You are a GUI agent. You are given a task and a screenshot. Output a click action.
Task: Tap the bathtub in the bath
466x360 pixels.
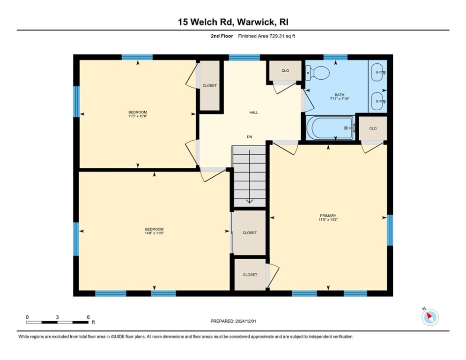[x=331, y=128]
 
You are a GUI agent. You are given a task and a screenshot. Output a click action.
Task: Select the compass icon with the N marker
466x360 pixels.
[x=429, y=317]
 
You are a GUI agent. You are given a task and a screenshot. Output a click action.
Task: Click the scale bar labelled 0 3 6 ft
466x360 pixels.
[x=57, y=322]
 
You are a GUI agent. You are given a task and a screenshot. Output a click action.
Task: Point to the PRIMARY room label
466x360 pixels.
[x=328, y=216]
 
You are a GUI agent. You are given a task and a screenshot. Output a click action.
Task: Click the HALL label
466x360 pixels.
[x=253, y=112]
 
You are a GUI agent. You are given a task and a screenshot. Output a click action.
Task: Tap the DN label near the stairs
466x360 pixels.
[x=250, y=137]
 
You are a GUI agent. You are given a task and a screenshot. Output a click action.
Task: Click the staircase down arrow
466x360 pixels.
[x=249, y=199]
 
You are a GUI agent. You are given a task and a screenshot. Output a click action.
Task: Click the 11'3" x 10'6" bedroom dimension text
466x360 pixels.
[x=138, y=116]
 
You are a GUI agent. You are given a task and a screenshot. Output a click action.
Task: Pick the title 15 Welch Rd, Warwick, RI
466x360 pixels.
[x=233, y=22]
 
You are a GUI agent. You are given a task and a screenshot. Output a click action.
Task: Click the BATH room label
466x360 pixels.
[x=340, y=94]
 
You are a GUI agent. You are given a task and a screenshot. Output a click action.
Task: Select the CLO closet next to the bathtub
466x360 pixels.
[x=373, y=128]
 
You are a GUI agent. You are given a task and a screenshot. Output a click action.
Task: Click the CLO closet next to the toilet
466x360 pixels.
[x=285, y=71]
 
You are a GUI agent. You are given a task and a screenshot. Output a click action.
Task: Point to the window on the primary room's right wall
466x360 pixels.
[x=390, y=230]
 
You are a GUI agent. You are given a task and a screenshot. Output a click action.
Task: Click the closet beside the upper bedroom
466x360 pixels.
[x=209, y=86]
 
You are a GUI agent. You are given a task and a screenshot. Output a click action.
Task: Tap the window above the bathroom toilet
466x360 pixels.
[x=335, y=57]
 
